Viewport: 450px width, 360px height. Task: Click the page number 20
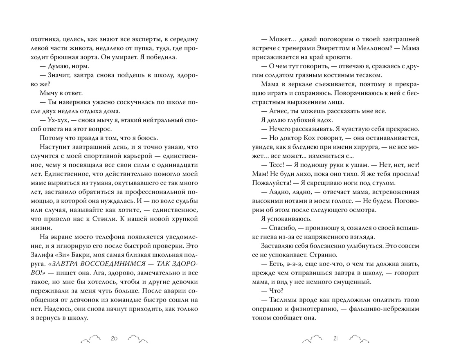click(114, 338)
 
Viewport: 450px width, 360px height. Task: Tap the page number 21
click(335, 338)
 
